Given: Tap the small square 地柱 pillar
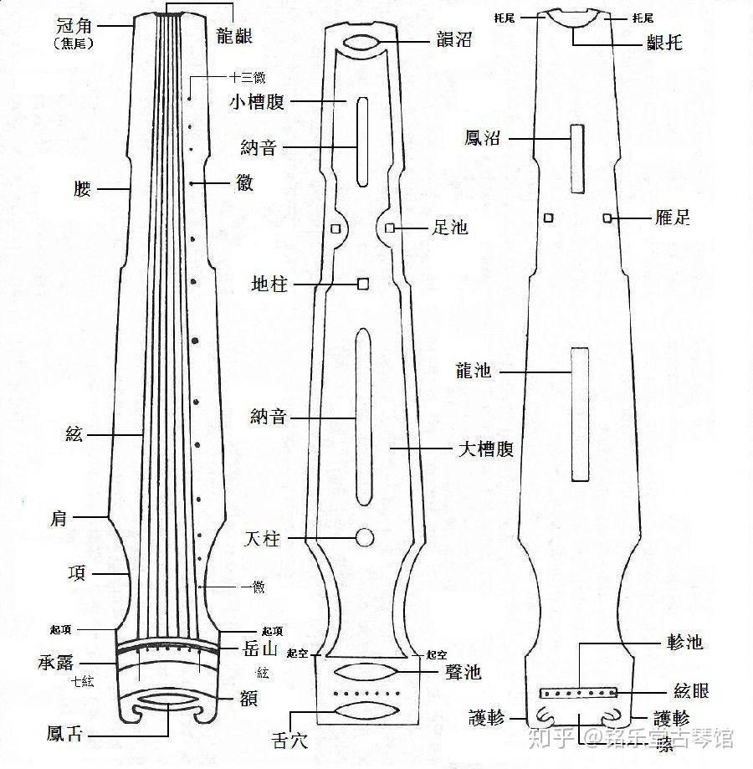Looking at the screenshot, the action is click(363, 284).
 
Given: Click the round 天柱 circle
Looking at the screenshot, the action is click(364, 537).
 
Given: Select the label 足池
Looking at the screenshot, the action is click(449, 227).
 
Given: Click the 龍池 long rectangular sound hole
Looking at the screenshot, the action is click(580, 413).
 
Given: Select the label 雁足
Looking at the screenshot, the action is click(672, 219).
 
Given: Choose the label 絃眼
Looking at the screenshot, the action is click(691, 691).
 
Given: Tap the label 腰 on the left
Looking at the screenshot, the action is click(82, 190).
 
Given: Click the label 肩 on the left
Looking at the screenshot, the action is click(81, 519).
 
